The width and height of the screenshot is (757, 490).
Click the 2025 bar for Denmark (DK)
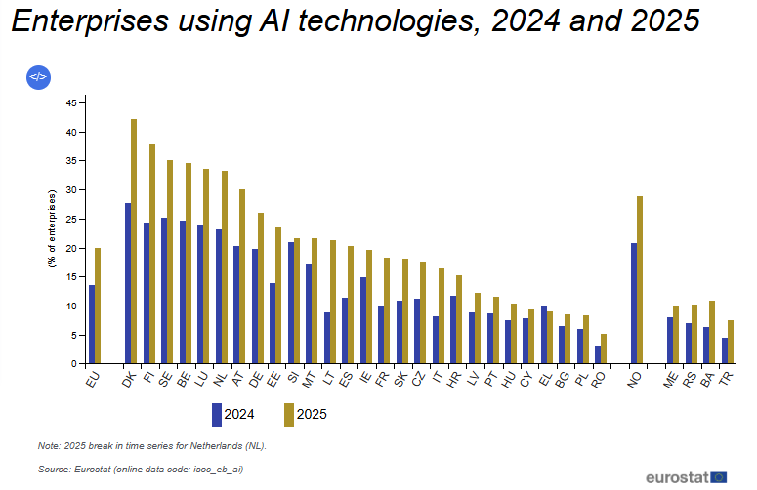click(x=134, y=241)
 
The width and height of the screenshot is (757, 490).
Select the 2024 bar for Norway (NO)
click(x=634, y=303)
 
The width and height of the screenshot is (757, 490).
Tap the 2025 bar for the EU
click(x=98, y=306)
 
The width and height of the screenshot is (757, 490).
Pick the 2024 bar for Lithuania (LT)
click(x=327, y=338)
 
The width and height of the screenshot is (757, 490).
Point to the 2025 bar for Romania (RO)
click(x=604, y=348)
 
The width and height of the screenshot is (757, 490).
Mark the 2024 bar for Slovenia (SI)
click(x=291, y=303)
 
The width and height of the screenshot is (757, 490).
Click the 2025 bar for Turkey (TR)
click(x=731, y=342)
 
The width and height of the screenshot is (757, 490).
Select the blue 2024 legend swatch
click(x=217, y=415)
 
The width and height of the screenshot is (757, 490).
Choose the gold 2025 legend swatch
click(x=289, y=415)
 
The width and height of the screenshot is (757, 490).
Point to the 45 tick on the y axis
click(x=83, y=102)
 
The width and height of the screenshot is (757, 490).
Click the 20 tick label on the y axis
click(x=71, y=248)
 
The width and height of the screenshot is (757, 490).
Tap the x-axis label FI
click(x=149, y=376)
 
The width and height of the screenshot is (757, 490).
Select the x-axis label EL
click(x=545, y=379)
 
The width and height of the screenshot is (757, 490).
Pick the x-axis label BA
click(x=707, y=379)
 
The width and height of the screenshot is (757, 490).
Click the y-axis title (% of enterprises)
click(x=52, y=228)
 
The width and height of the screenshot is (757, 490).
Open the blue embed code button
click(x=39, y=77)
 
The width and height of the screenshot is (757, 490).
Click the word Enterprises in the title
click(x=90, y=20)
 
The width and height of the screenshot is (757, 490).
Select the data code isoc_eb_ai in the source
click(x=218, y=470)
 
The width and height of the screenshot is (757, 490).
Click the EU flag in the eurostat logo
click(x=719, y=477)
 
